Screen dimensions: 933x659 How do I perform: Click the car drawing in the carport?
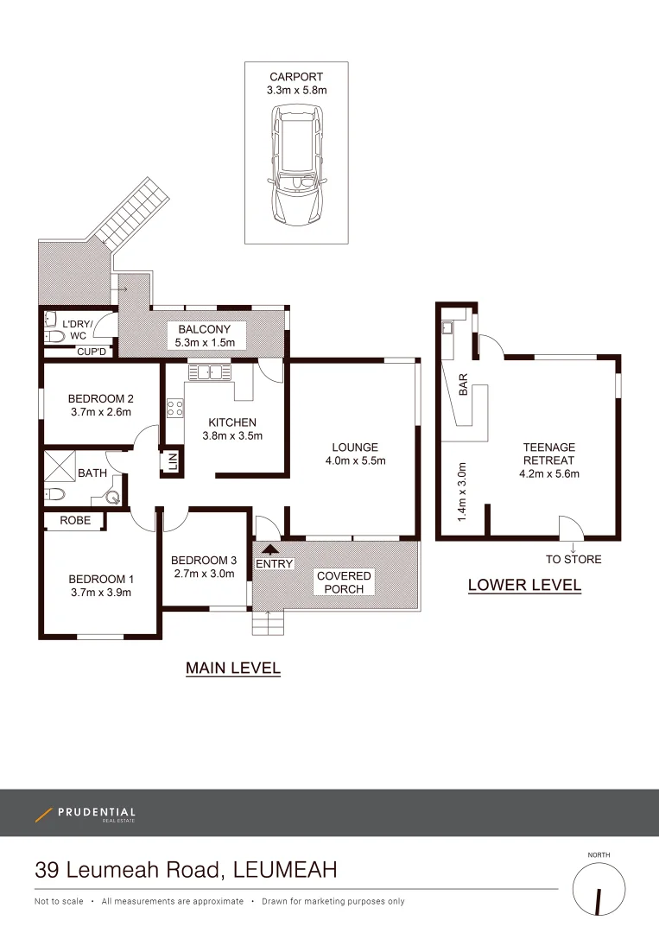(x=296, y=164)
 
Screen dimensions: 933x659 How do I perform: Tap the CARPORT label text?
(x=296, y=77)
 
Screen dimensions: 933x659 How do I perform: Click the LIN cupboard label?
(x=171, y=461)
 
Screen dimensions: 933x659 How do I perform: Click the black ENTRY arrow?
(x=270, y=549)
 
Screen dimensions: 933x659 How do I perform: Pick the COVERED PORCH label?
(x=344, y=582)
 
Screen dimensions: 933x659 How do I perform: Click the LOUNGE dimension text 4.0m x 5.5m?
(x=356, y=460)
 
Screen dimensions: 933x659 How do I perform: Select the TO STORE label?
(x=573, y=560)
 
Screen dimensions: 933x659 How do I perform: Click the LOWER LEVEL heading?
(x=523, y=585)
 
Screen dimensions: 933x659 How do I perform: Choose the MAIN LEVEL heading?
(x=232, y=668)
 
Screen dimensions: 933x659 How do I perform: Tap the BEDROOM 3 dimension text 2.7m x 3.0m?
(x=203, y=573)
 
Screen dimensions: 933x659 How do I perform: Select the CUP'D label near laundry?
(x=92, y=352)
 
